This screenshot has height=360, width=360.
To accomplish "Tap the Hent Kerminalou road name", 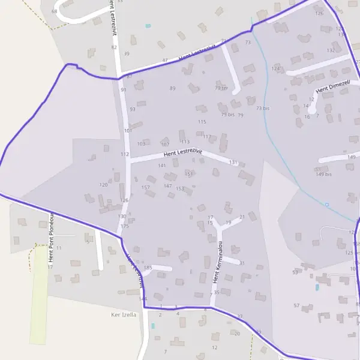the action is click(219, 262).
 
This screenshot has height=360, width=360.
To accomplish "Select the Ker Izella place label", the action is click(124, 314).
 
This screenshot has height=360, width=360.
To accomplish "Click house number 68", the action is click(55, 11).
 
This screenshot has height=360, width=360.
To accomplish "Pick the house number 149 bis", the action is click(323, 174).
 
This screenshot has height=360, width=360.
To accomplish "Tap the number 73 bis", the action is click(263, 108).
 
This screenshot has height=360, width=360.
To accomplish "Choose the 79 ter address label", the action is click(221, 88).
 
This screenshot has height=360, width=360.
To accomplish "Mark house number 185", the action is click(148, 267).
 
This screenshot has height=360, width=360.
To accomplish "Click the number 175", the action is click(124, 226).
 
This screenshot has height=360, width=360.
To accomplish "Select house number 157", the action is click(145, 188).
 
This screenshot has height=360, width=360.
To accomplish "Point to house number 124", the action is click(275, 69).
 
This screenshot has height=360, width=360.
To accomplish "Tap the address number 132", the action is click(331, 50).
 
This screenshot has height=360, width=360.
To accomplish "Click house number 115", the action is click(202, 122).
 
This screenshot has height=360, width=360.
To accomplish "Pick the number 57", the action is click(296, 306).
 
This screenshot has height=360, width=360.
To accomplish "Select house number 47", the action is click(165, 61).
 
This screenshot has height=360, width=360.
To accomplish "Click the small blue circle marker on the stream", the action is click(327, 205).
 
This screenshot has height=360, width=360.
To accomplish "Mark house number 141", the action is click(161, 166).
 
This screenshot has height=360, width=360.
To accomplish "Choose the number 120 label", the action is click(103, 185).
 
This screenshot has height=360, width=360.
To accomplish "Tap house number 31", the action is click(242, 263).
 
